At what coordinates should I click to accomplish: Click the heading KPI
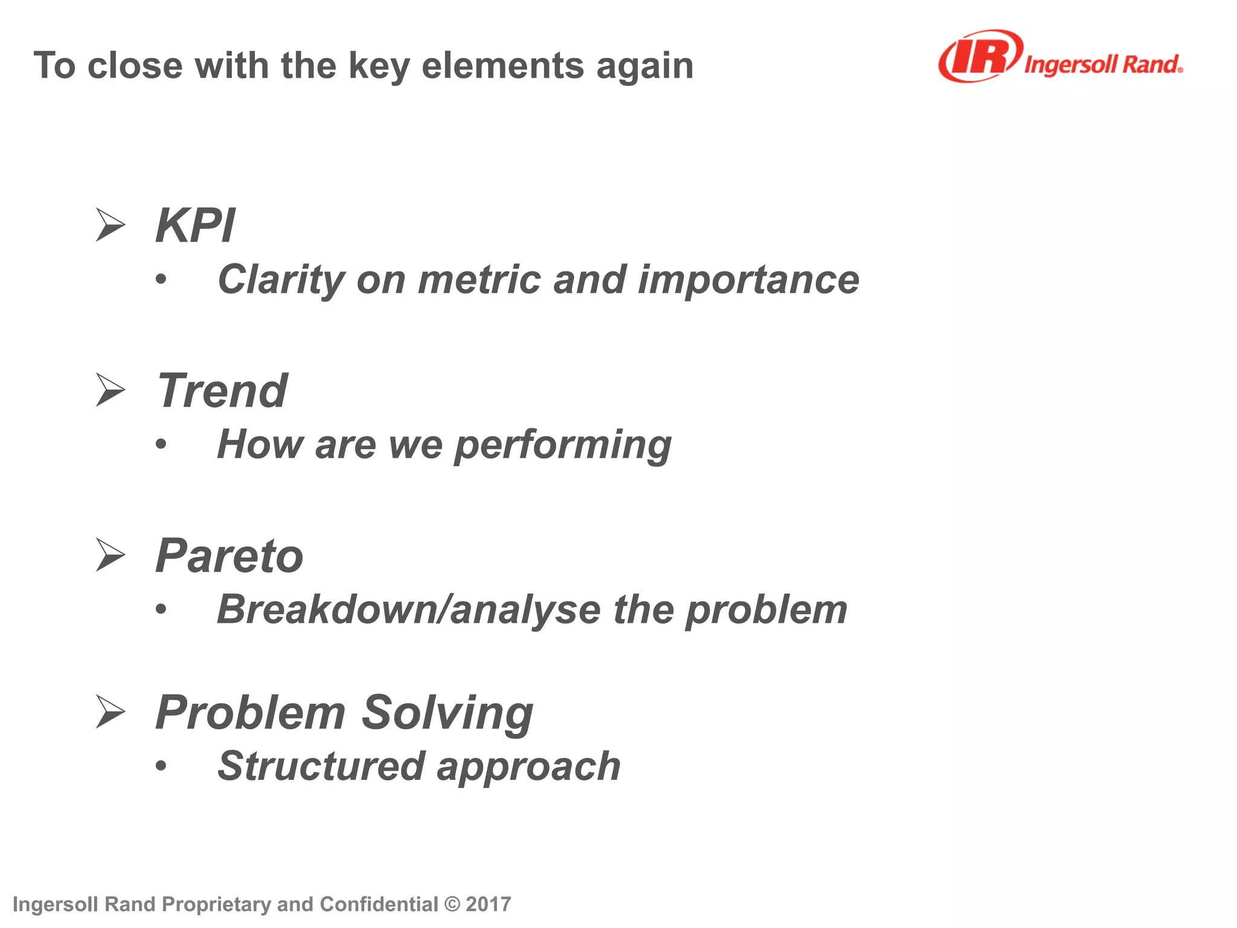coord(194,226)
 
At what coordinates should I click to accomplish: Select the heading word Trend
coord(222,391)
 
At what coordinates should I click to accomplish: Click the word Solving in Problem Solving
coord(447,713)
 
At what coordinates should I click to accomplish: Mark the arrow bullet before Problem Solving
coord(110,712)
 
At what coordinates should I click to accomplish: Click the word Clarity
coord(281,280)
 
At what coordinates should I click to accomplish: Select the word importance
coord(748,280)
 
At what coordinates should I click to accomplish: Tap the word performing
coord(562,446)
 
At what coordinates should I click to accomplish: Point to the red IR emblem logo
coord(980,56)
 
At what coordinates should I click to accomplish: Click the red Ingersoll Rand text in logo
coord(1102,64)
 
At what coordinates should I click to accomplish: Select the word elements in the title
coord(503,65)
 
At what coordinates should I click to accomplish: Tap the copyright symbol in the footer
coord(452,904)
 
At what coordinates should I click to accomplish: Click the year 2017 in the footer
coord(488,904)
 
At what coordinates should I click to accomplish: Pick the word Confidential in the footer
coord(379,904)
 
